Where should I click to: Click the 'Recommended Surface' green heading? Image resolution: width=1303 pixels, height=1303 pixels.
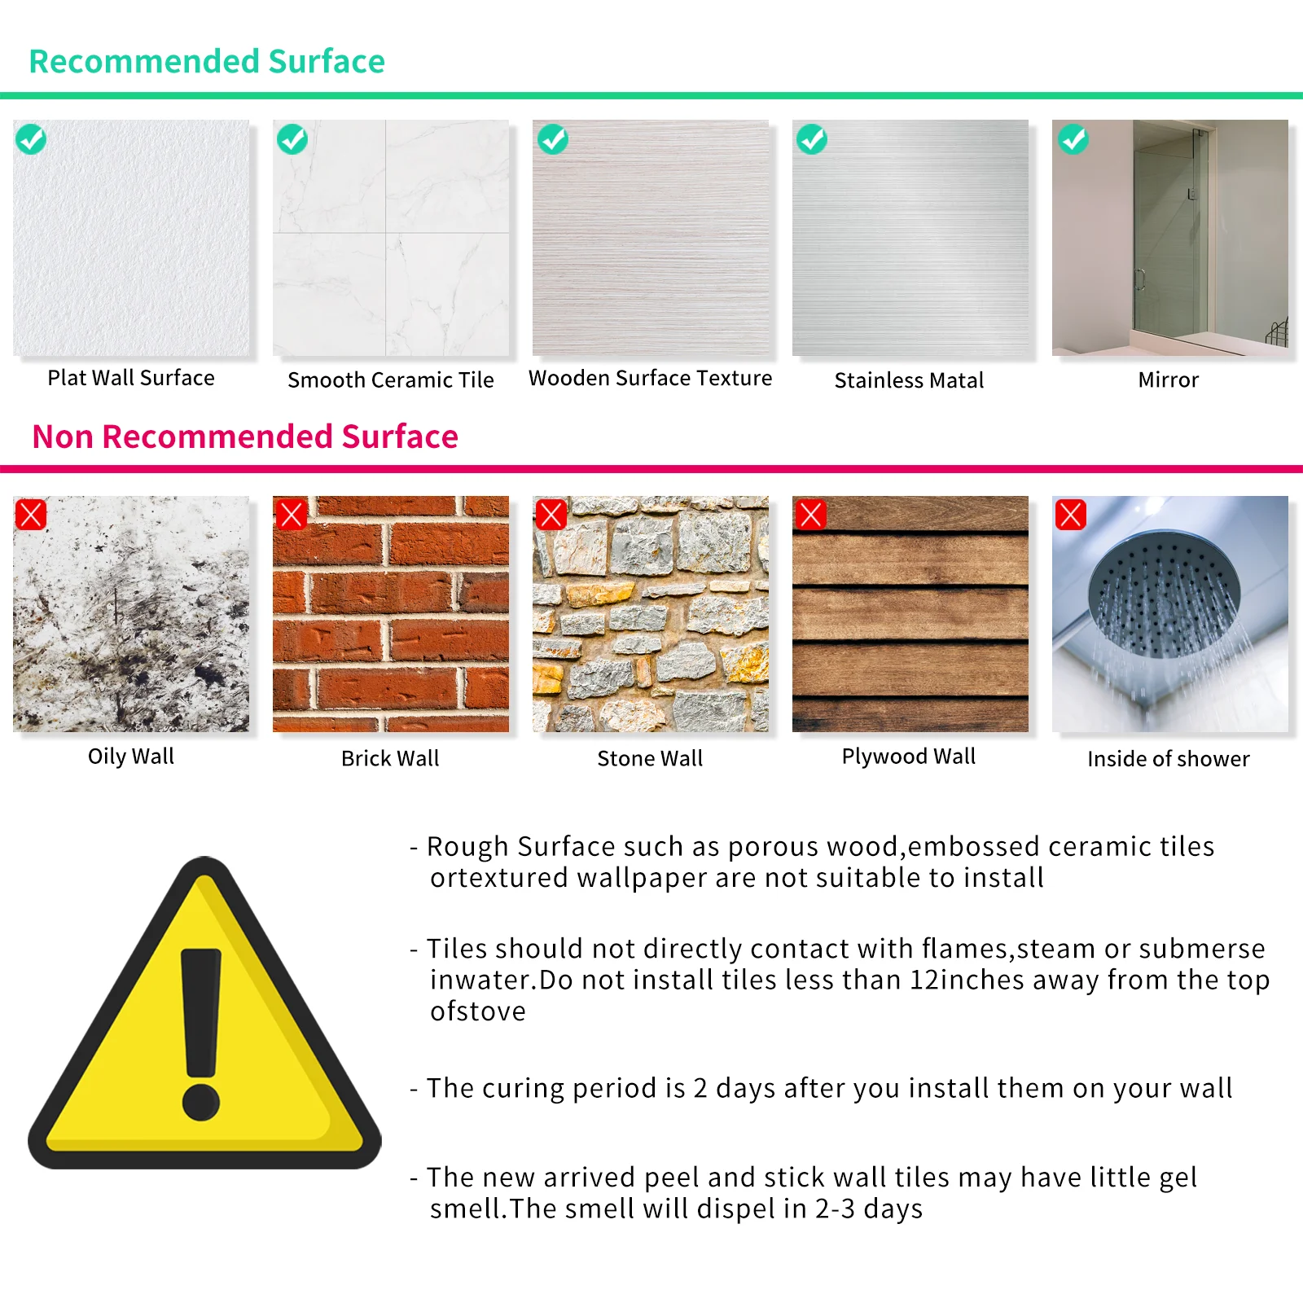point(207,62)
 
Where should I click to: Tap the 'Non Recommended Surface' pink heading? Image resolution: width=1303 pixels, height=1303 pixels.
point(245,437)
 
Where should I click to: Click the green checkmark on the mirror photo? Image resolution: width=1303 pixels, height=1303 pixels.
point(1073,139)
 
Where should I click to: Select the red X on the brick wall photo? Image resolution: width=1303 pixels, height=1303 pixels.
point(291,515)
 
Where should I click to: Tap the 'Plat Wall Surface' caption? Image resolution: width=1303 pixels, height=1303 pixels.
point(131,378)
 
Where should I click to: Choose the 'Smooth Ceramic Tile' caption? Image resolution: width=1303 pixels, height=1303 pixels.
point(391,380)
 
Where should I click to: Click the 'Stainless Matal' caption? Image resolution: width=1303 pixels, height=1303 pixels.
point(909,380)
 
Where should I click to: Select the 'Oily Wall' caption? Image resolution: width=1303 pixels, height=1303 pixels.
point(131,757)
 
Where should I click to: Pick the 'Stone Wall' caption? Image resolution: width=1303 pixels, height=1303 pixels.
point(650,759)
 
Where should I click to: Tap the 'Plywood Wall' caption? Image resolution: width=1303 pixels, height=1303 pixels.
point(909,757)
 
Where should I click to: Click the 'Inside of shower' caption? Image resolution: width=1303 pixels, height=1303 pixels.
point(1168,759)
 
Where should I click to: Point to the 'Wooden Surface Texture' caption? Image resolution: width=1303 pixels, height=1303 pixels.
point(650,378)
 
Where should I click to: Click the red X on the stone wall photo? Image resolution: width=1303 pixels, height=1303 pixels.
point(551,515)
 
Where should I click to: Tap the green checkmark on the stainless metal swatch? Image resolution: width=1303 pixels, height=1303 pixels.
point(812,139)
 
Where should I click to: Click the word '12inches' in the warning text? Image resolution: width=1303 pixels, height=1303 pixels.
point(967,980)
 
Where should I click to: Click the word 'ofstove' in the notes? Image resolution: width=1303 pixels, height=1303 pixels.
point(478,1011)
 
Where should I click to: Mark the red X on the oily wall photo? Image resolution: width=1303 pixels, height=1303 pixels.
point(31,515)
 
